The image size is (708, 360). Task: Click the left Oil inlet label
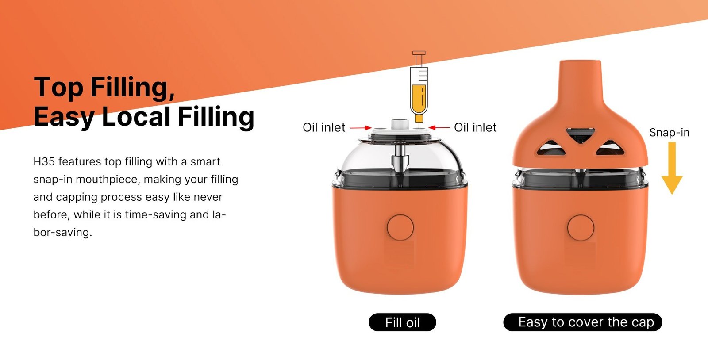(x=324, y=127)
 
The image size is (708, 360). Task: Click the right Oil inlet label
(x=475, y=127)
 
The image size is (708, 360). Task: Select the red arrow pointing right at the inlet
(x=361, y=127)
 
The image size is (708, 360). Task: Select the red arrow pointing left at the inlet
(x=439, y=127)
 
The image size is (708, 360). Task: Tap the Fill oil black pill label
(x=402, y=322)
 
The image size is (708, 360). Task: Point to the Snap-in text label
(x=669, y=133)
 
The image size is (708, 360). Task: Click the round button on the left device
(x=400, y=228)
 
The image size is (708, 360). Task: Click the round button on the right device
(x=581, y=228)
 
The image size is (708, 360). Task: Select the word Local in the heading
(x=136, y=116)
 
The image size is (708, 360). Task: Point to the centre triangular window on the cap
(x=580, y=135)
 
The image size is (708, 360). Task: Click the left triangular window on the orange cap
(x=551, y=148)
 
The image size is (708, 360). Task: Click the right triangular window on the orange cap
(x=610, y=148)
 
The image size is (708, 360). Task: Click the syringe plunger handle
(x=419, y=53)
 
